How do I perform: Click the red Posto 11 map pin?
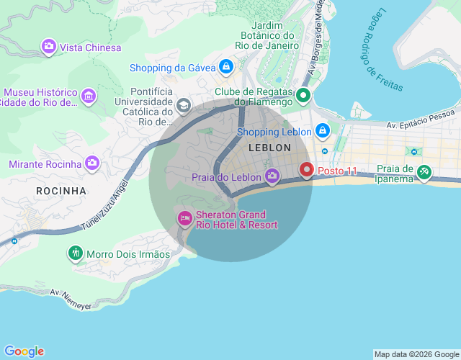[307, 170]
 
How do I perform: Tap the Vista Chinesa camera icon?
[49, 47]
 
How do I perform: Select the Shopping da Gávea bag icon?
[226, 68]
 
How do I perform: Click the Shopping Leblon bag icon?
[322, 132]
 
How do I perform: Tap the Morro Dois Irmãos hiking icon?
[76, 253]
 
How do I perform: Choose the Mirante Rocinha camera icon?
[91, 163]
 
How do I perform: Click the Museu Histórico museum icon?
[88, 96]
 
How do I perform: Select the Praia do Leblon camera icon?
[272, 176]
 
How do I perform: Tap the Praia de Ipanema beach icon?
[425, 173]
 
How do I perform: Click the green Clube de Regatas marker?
[303, 95]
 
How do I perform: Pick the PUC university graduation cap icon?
[184, 107]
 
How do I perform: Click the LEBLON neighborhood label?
[269, 148]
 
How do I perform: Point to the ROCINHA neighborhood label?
[61, 191]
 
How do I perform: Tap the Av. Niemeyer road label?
[71, 300]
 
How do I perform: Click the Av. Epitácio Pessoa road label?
[421, 120]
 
